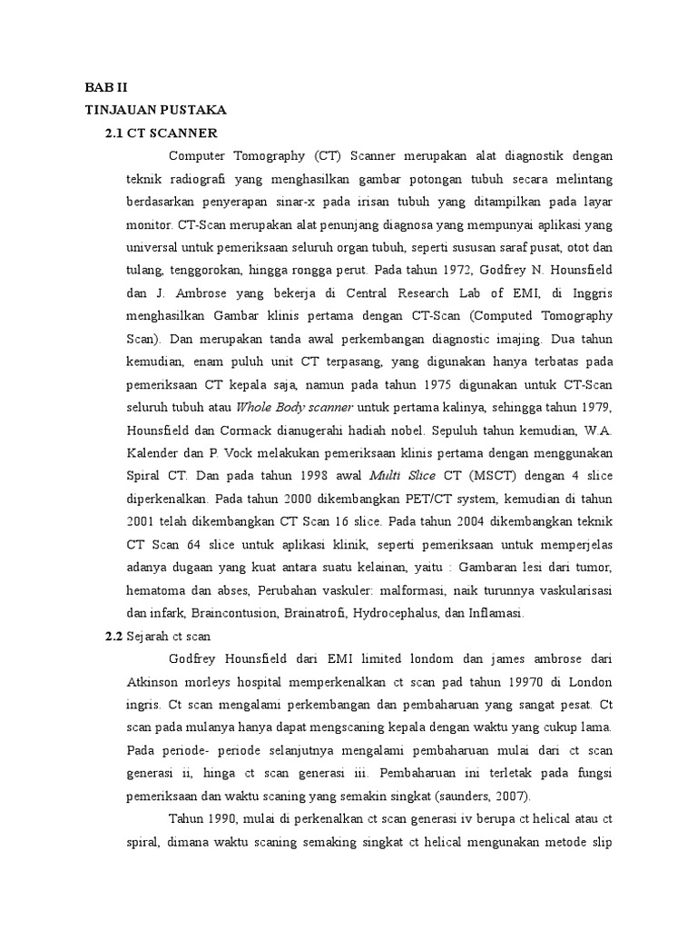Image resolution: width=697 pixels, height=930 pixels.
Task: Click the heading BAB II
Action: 107,89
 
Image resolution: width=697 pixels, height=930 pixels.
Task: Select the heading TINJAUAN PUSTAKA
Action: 155,110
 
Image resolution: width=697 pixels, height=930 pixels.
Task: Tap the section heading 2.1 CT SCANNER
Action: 162,132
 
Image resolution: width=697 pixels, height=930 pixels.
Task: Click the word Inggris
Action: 587,292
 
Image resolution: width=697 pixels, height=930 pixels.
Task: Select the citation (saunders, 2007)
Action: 484,796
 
